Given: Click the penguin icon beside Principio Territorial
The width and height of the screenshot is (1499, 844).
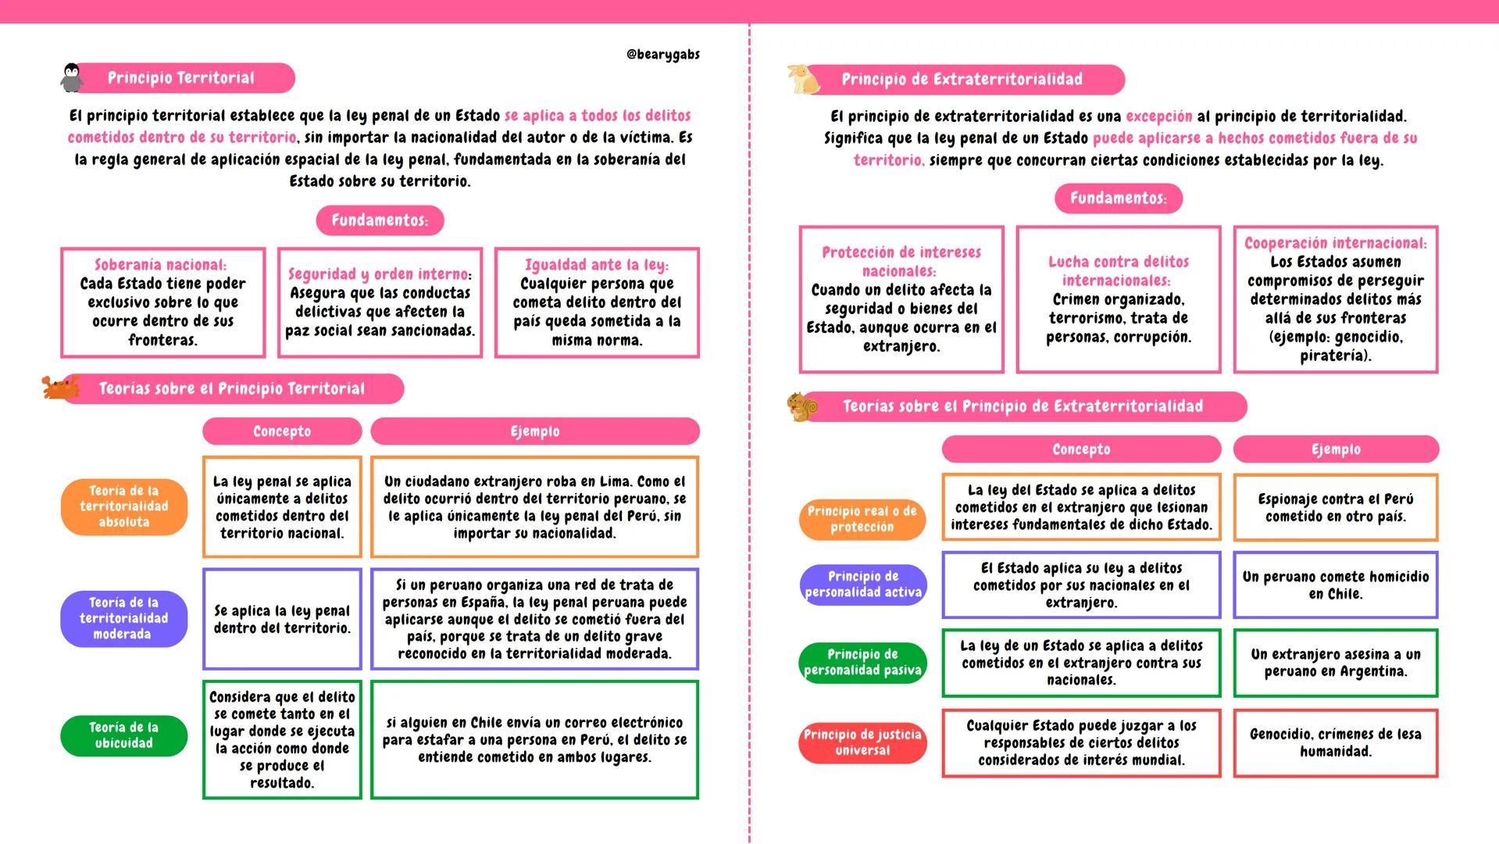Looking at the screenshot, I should click(72, 78).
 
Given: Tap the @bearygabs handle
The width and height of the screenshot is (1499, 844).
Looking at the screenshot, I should click(662, 55).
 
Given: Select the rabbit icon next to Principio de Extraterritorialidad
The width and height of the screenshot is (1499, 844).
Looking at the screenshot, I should click(802, 78).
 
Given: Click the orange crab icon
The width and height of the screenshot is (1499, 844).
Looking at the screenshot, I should click(59, 387).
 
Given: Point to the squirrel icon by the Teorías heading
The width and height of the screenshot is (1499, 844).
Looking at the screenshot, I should click(802, 406).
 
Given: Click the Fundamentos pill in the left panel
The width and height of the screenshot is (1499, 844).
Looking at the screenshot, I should click(380, 220).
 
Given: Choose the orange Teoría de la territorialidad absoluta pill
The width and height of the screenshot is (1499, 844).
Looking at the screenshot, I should click(123, 506).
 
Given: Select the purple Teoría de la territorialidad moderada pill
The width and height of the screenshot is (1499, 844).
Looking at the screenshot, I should click(123, 618).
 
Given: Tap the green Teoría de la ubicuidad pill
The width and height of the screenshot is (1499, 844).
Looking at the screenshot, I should click(123, 735).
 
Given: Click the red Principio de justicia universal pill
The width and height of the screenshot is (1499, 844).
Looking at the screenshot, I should click(862, 742).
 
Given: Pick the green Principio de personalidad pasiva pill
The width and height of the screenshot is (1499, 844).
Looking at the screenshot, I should click(862, 662).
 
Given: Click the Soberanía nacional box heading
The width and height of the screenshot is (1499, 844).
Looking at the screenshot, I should click(161, 265).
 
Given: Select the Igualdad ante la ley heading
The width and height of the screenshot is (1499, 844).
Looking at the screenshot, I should click(597, 265).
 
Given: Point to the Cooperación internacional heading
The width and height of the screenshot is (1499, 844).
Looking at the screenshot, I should click(1335, 243).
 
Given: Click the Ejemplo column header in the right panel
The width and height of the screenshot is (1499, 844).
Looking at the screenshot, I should click(1336, 449).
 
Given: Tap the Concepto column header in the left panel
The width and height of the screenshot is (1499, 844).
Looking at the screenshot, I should click(282, 431).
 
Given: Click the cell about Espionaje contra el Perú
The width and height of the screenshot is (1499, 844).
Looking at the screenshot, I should click(1336, 507).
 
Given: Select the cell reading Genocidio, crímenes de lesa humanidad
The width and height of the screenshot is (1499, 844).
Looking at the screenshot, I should click(1336, 742).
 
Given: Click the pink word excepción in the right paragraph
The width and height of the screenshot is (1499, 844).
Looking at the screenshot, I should click(1158, 116).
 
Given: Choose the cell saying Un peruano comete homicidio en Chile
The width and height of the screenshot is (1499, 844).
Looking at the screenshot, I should click(1336, 585).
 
